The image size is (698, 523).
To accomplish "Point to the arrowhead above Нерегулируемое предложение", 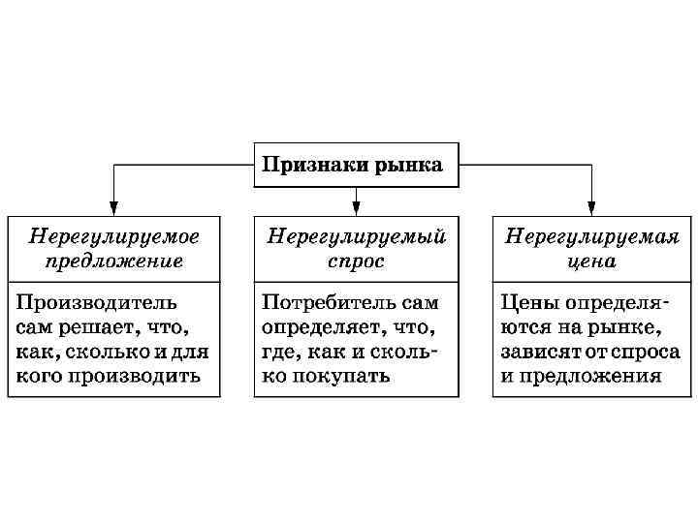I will click(113, 206).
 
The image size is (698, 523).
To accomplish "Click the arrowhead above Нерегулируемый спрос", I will click(356, 206).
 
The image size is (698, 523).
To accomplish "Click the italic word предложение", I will click(114, 261).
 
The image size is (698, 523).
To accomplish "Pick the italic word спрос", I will click(356, 261).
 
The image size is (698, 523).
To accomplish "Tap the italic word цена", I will click(590, 261).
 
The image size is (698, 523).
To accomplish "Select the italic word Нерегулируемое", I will click(114, 236).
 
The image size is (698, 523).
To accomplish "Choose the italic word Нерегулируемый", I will click(356, 236).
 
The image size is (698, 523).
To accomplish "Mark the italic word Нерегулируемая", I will click(591, 236).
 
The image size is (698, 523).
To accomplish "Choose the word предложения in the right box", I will click(589, 376).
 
